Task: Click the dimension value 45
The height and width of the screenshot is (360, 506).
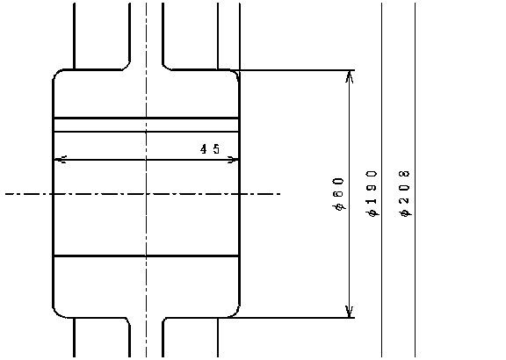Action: tap(210, 149)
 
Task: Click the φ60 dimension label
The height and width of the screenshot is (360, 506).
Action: tap(338, 194)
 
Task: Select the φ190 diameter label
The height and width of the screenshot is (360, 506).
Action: tap(372, 193)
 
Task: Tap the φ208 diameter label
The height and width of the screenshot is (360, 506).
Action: tap(405, 193)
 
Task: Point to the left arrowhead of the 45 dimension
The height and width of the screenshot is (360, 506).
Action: tap(60, 159)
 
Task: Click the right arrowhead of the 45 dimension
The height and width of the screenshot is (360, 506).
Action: tap(233, 159)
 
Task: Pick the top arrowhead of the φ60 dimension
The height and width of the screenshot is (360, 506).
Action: tap(350, 76)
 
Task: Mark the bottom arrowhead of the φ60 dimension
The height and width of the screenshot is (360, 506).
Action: tap(350, 312)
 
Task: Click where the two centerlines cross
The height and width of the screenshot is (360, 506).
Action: tap(146, 194)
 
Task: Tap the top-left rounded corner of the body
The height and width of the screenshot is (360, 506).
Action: tap(57, 73)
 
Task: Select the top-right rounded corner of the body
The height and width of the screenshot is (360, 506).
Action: tap(235, 74)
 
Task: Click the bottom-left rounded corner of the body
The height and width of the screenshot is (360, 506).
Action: tap(57, 313)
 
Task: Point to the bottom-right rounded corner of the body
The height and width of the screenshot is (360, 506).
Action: tap(235, 313)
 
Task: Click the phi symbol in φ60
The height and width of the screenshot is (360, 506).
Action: tap(340, 206)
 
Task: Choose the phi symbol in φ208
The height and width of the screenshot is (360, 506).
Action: tap(405, 212)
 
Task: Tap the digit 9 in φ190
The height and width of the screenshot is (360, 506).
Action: tap(372, 188)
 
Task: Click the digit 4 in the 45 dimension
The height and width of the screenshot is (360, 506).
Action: tap(204, 149)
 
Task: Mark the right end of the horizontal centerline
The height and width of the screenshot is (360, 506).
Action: tap(280, 194)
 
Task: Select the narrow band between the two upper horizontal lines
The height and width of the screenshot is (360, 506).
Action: tap(146, 126)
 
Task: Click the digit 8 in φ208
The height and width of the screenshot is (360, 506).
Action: tap(404, 174)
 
